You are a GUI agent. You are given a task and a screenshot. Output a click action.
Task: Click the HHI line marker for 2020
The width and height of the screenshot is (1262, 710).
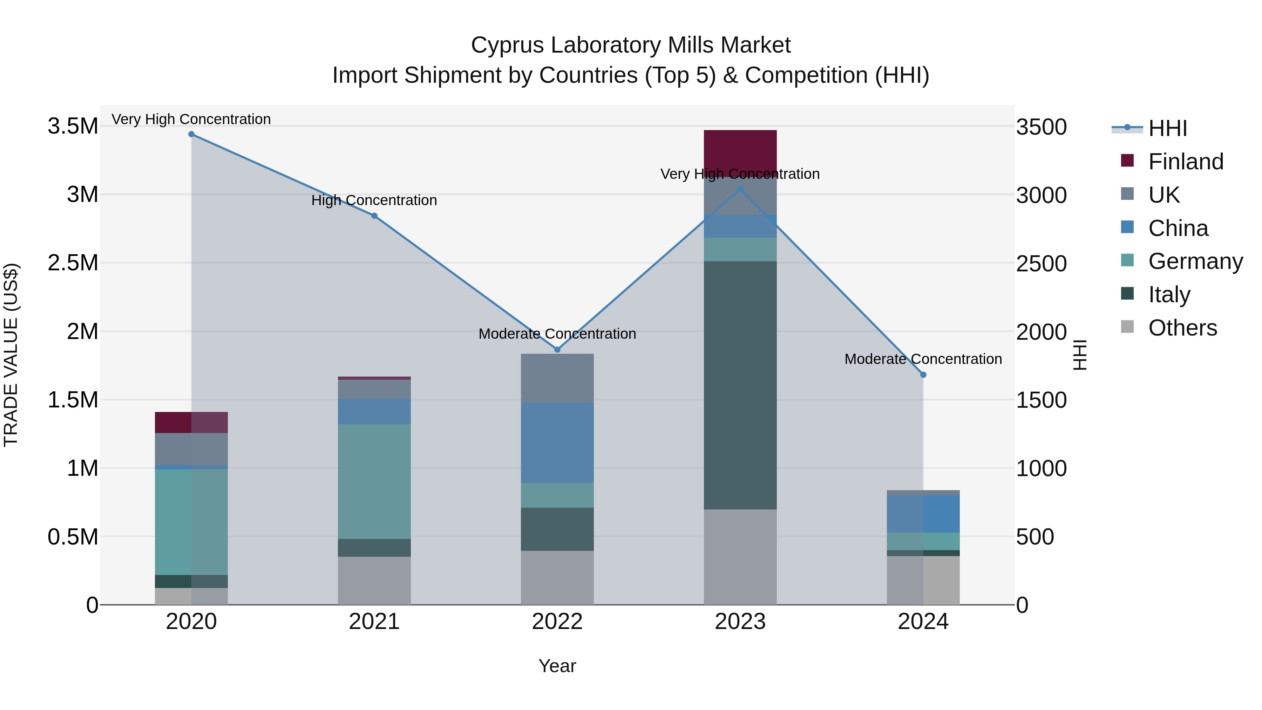191,134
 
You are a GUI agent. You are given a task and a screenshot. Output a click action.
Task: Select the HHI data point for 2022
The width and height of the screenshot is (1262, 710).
557,349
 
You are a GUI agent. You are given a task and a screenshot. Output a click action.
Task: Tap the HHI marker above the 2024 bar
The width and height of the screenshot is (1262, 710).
923,375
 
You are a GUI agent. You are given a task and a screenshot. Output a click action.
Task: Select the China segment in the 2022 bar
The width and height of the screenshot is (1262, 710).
557,442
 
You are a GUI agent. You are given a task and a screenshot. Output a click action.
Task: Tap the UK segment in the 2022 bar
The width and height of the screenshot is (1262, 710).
557,378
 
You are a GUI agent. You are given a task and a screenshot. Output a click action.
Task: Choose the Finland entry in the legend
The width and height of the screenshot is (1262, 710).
1186,162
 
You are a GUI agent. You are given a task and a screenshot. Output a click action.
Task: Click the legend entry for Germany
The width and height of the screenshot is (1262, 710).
1195,261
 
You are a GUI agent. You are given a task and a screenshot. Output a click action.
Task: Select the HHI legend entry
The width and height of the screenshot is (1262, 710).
1167,128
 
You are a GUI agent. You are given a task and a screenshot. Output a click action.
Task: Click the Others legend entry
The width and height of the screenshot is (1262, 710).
1182,328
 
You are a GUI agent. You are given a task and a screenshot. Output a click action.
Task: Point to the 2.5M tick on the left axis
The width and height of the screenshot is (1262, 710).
73,263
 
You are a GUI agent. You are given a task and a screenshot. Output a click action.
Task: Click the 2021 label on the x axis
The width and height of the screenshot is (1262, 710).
374,622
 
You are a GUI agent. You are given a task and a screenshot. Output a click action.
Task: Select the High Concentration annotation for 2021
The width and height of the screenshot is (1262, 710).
374,201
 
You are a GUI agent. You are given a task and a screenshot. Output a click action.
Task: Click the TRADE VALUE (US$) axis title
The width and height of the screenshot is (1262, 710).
11,355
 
